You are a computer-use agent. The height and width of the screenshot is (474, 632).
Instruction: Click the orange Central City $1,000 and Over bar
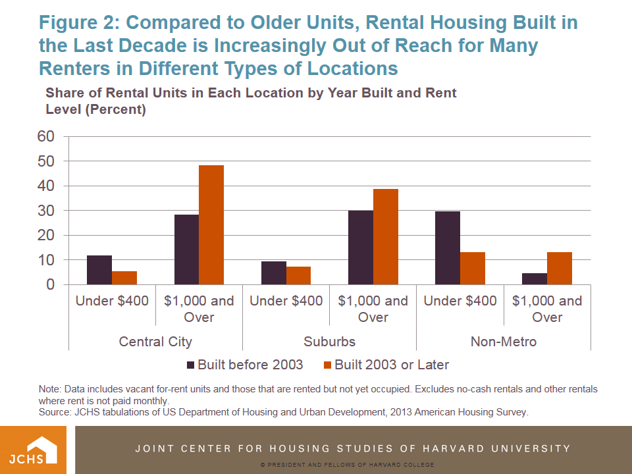pyautogui.click(x=211, y=225)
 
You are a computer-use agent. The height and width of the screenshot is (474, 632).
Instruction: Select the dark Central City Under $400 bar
pyautogui.click(x=99, y=270)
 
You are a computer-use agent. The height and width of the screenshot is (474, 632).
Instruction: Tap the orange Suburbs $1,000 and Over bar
pyautogui.click(x=386, y=237)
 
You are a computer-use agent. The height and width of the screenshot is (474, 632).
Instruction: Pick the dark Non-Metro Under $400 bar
pyautogui.click(x=448, y=248)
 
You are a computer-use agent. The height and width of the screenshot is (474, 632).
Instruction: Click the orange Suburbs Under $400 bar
pyautogui.click(x=298, y=276)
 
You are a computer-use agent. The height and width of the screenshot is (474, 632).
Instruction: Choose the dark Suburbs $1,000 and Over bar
pyautogui.click(x=361, y=248)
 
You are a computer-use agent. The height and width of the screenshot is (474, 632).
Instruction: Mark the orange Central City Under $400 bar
pyautogui.click(x=124, y=278)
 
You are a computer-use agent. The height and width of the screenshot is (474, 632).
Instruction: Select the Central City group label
pyautogui.click(x=155, y=342)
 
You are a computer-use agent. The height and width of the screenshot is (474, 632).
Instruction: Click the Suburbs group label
pyautogui.click(x=329, y=342)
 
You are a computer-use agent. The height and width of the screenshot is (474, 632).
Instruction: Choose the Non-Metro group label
pyautogui.click(x=504, y=342)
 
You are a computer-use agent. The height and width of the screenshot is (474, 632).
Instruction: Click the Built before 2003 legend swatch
pyautogui.click(x=191, y=365)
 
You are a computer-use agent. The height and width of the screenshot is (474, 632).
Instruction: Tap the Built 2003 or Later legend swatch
pyautogui.click(x=328, y=365)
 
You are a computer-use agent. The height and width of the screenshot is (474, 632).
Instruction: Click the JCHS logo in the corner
pyautogui.click(x=37, y=450)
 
